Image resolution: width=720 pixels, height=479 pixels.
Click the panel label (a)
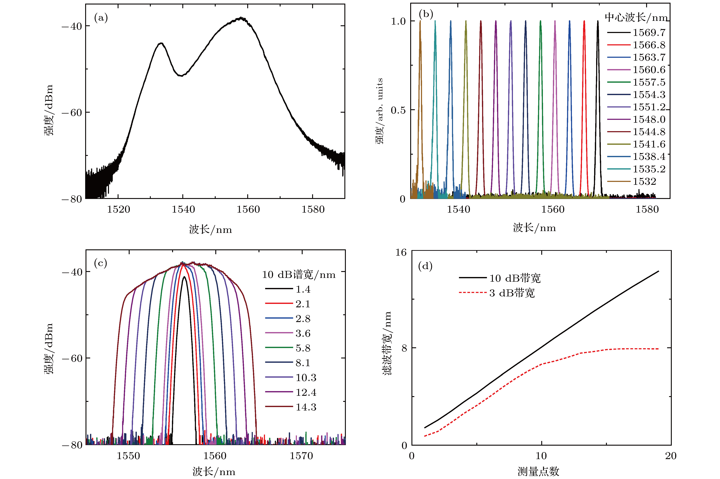point(101,18)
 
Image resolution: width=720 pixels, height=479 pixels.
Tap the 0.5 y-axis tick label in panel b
point(398,110)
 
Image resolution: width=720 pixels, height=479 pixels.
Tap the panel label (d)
point(425,266)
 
